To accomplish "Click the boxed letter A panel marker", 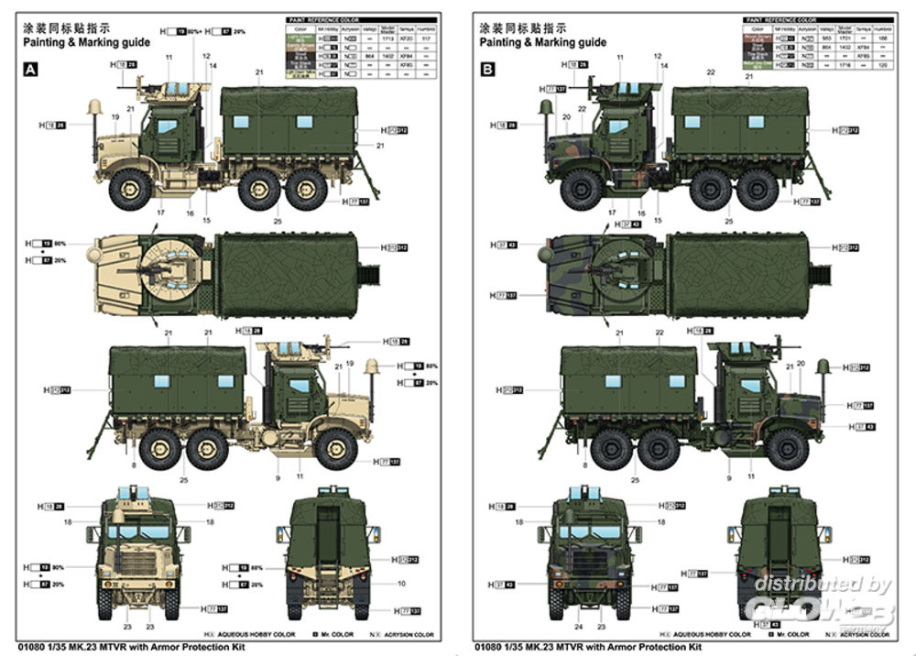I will point(32,69).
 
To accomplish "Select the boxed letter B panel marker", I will point(486,69).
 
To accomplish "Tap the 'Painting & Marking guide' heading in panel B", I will point(542,42).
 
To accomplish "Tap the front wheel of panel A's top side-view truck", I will point(130,190).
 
